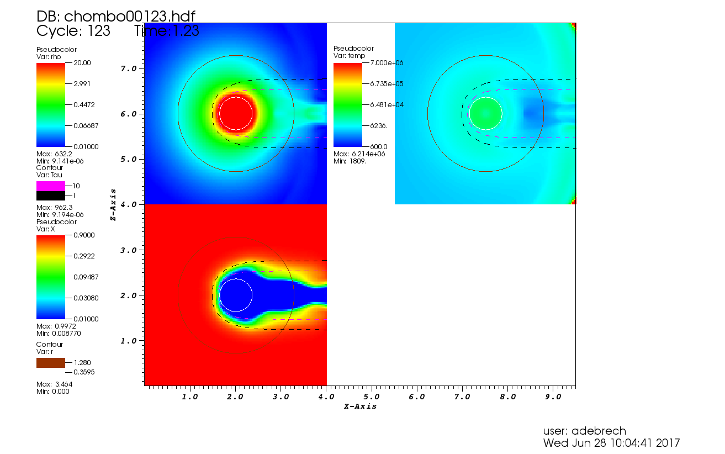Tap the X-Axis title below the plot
click(x=360, y=406)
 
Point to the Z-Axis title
click(x=113, y=204)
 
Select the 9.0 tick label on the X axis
click(x=553, y=397)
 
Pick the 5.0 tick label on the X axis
click(x=371, y=397)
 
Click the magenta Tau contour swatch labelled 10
click(x=50, y=186)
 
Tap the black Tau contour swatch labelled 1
click(x=50, y=196)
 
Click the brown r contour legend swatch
click(x=50, y=363)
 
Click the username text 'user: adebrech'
click(x=585, y=431)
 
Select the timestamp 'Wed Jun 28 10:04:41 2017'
click(x=611, y=443)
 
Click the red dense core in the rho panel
click(x=236, y=113)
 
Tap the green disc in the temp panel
click(x=485, y=113)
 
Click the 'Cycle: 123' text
click(x=73, y=31)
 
